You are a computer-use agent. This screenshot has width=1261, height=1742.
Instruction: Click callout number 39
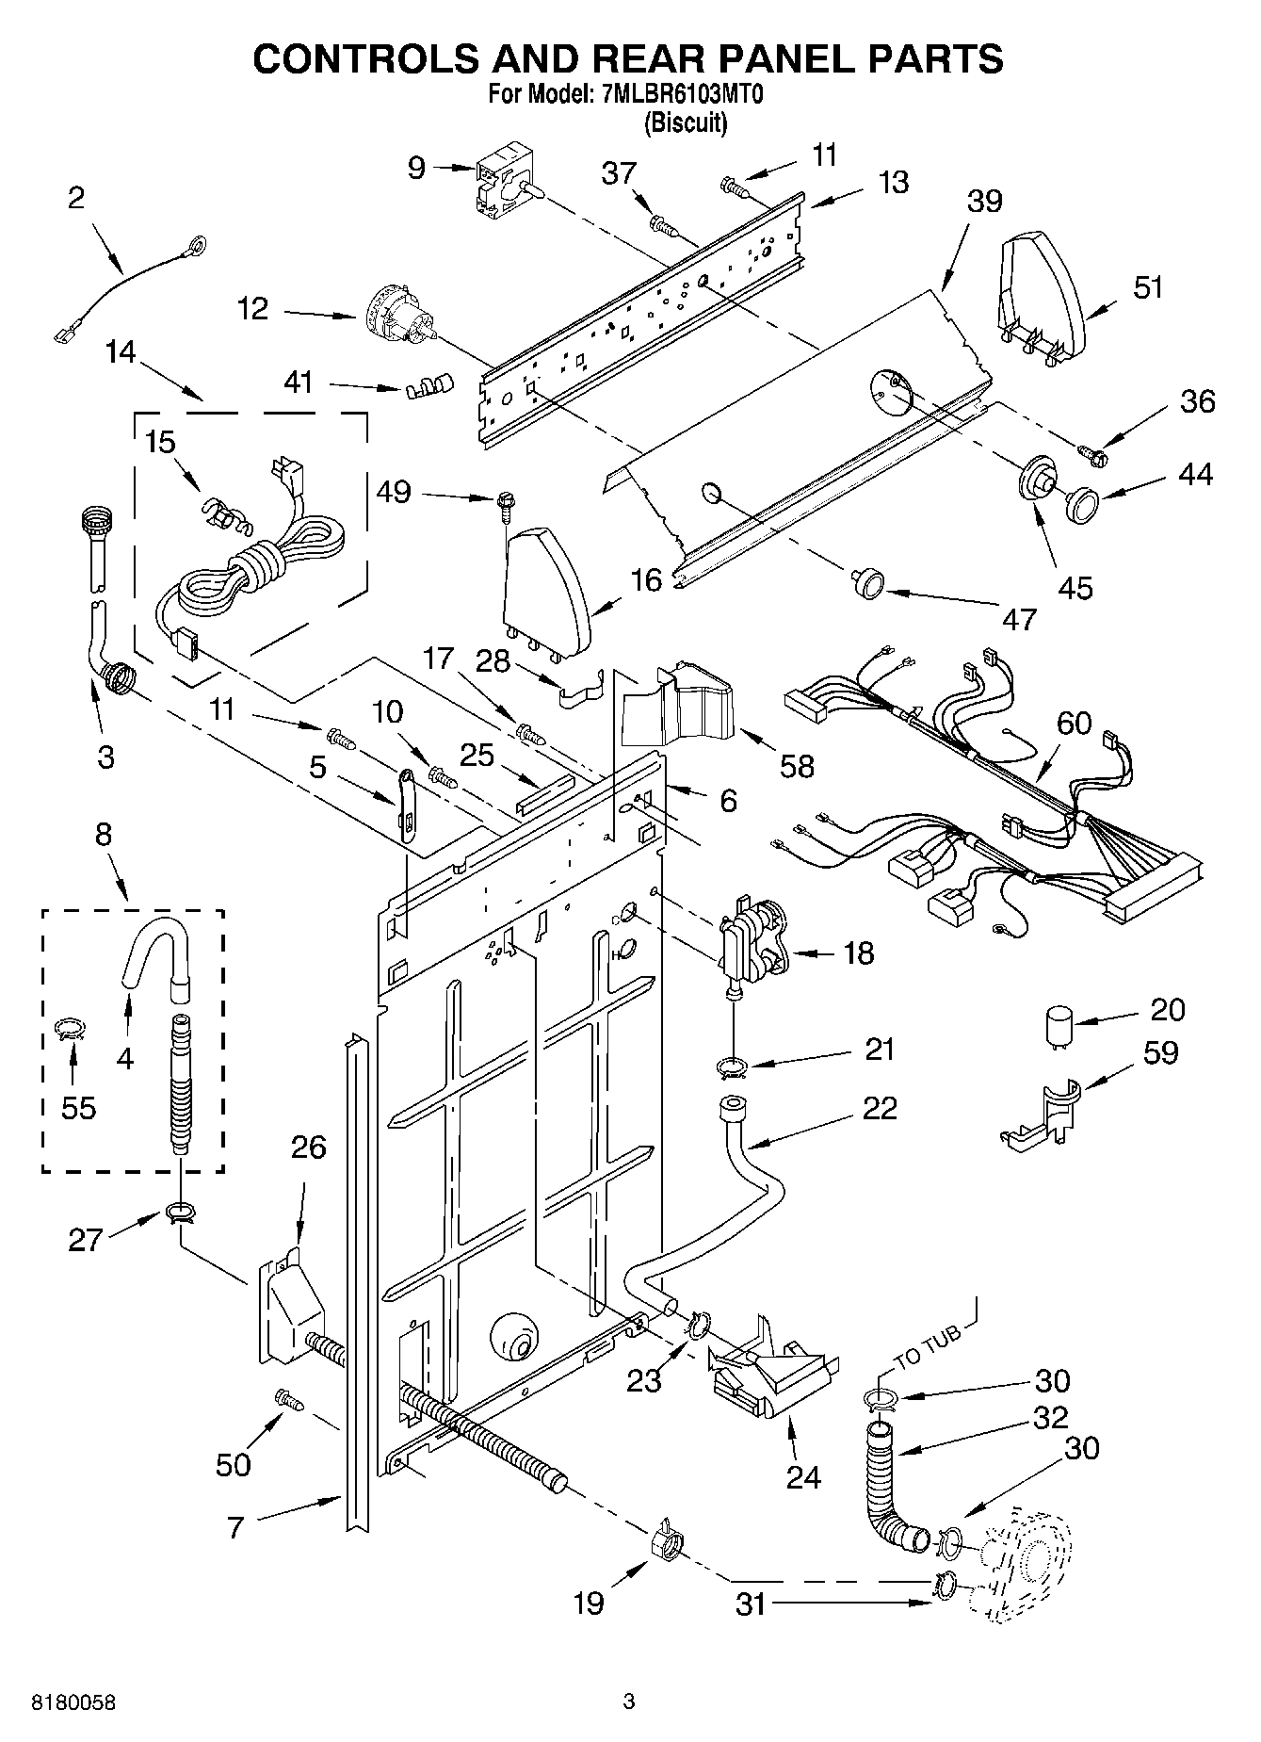[984, 202]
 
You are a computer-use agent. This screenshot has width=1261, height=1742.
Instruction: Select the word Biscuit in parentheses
[686, 122]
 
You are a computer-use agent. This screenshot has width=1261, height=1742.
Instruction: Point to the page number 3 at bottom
[629, 1701]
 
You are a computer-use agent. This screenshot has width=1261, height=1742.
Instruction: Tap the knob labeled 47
[867, 584]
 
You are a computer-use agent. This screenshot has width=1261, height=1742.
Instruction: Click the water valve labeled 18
[751, 947]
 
